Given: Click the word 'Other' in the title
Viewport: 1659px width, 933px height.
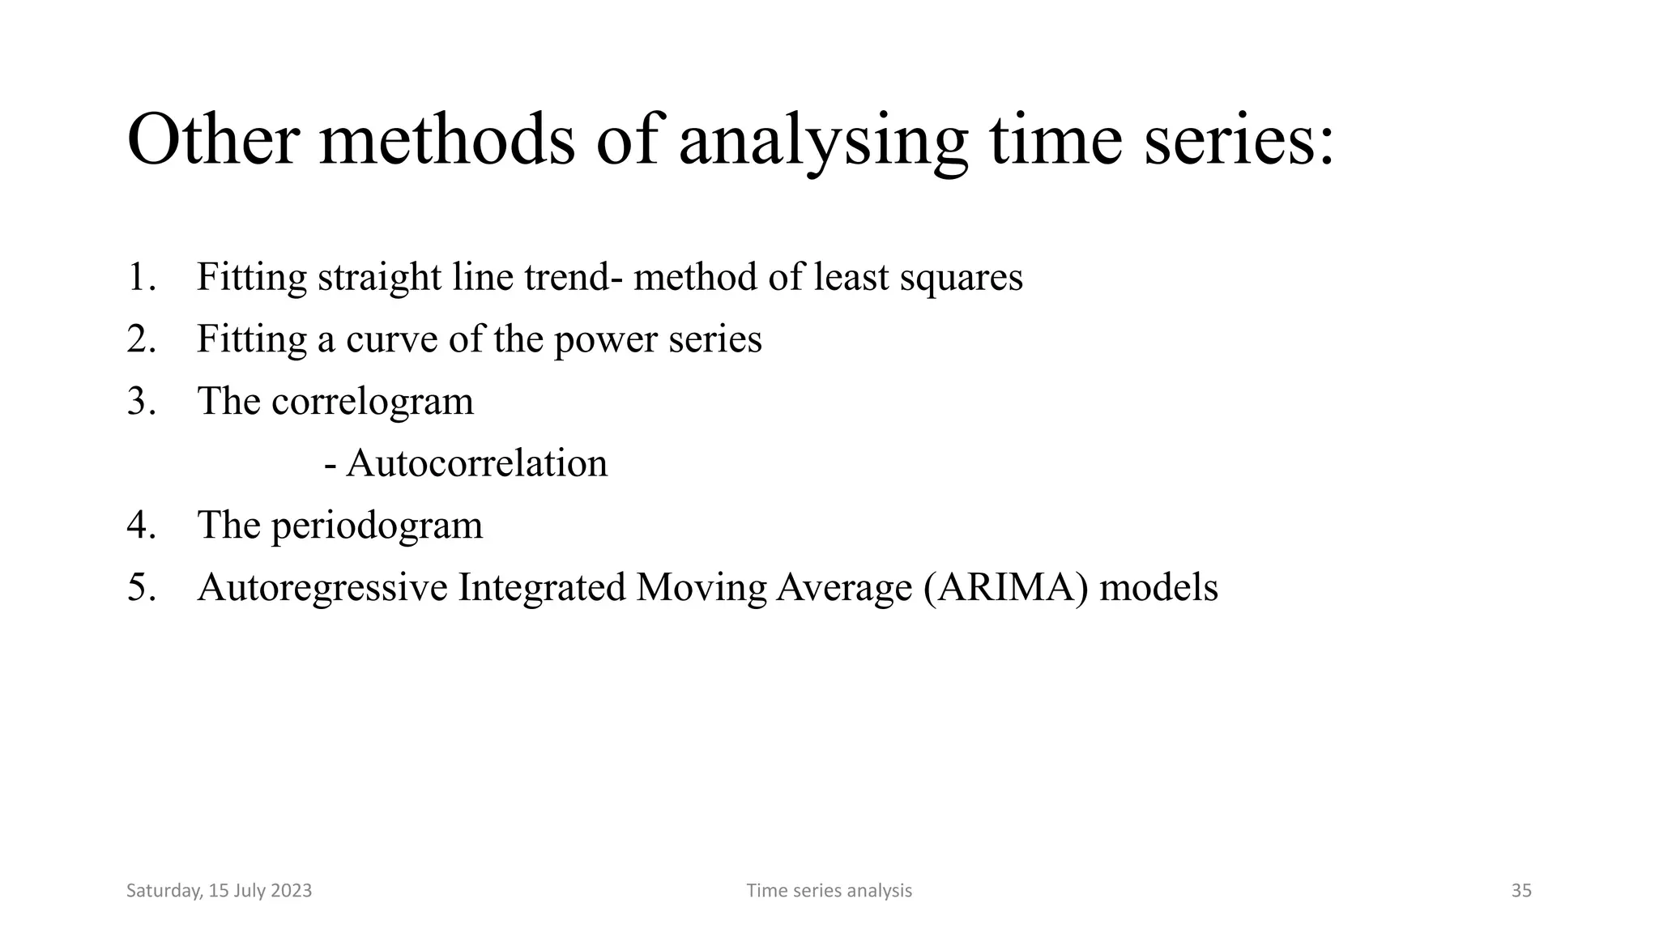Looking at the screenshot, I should pos(213,140).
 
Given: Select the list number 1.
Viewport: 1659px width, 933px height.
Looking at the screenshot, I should pos(141,277).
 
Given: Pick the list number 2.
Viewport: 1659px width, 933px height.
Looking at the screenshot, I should pos(141,339).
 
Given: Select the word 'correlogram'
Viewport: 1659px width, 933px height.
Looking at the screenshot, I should pos(372,402).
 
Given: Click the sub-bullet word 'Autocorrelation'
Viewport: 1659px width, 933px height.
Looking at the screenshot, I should pos(476,463).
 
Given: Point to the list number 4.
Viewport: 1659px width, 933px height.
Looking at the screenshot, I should pos(141,525).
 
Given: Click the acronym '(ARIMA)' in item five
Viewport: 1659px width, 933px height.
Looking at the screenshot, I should pos(1005,587).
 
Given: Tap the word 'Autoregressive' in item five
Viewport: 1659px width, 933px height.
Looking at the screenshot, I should pos(322,588).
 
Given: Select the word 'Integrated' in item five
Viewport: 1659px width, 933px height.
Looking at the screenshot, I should pos(541,588).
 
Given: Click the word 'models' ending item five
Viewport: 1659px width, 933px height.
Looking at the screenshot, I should pos(1158,587).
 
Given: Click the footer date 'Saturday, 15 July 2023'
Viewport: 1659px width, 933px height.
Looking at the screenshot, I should pos(219,891).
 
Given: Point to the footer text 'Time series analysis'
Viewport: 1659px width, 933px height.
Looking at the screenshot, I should pos(829,891).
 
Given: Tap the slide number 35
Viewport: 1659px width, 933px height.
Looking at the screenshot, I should pos(1521,891).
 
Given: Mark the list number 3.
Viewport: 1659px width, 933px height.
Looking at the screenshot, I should pos(141,401).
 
